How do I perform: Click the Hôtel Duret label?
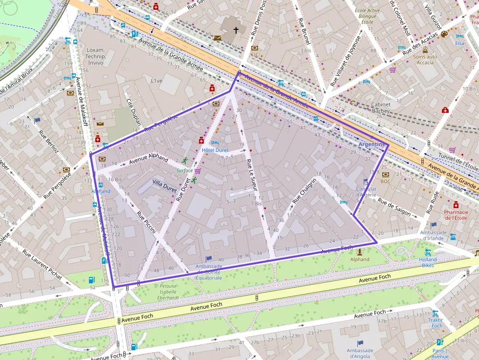[x=215, y=150]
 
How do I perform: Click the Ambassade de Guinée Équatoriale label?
[x=209, y=272]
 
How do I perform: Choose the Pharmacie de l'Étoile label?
[x=456, y=215]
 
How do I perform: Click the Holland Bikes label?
[x=428, y=263]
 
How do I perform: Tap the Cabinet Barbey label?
[x=381, y=107]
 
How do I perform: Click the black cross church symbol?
[x=236, y=30]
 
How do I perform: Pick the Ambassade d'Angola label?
[x=360, y=353]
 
